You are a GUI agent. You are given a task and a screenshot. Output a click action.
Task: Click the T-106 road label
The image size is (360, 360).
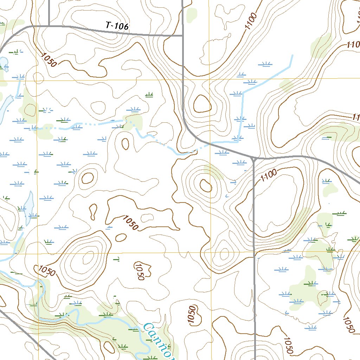117,26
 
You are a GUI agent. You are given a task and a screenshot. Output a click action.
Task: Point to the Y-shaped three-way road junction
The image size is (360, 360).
253,158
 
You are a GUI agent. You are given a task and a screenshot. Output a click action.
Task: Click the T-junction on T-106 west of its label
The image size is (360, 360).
49,26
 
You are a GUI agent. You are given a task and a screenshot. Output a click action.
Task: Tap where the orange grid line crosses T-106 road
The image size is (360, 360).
36,26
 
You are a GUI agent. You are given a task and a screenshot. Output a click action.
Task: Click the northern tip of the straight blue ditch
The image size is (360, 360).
292,55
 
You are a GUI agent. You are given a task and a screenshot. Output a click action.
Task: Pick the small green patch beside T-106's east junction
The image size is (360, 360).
192,14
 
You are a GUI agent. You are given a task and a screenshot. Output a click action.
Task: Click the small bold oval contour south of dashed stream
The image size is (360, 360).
125,143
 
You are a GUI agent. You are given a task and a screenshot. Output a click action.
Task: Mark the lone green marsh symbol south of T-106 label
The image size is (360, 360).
149,95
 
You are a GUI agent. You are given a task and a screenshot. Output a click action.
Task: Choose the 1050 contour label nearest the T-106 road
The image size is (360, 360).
48,60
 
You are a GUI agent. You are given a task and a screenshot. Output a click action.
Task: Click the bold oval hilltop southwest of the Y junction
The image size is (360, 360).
205,185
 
